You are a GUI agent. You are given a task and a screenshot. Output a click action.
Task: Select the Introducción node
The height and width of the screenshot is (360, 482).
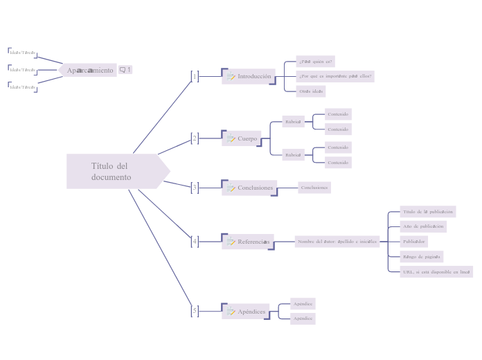(x=249, y=76)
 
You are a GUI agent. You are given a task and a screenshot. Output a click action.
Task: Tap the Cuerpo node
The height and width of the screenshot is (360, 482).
(x=242, y=138)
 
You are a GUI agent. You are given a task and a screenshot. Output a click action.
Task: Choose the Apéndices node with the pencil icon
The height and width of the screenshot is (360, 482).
(x=246, y=312)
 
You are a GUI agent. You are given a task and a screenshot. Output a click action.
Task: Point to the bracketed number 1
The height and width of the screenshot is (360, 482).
(x=195, y=76)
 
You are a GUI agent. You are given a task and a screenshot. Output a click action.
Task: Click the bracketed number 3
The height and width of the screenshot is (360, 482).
(x=195, y=188)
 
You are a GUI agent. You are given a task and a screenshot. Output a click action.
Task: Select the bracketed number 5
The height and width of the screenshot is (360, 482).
(x=195, y=311)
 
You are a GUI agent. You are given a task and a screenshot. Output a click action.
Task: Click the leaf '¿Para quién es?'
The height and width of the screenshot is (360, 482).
(x=315, y=61)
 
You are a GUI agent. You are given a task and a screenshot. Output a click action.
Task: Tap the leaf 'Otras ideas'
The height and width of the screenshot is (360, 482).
(x=311, y=91)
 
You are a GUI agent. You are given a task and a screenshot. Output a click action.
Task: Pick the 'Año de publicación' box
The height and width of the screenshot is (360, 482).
(x=423, y=226)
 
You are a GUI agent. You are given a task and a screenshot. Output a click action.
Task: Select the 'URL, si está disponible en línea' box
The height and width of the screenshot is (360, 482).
(x=436, y=271)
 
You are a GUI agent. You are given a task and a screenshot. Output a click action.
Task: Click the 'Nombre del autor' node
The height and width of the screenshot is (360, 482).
(x=337, y=242)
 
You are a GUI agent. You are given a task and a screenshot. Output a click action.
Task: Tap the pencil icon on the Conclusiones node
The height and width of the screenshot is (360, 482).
(x=231, y=188)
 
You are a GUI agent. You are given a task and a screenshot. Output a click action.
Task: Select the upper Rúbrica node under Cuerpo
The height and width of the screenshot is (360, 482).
(x=294, y=122)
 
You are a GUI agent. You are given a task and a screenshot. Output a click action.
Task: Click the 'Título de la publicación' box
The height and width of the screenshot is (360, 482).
(x=427, y=211)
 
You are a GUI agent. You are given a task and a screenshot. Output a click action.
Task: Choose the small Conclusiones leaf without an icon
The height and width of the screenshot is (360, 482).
(x=314, y=188)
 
